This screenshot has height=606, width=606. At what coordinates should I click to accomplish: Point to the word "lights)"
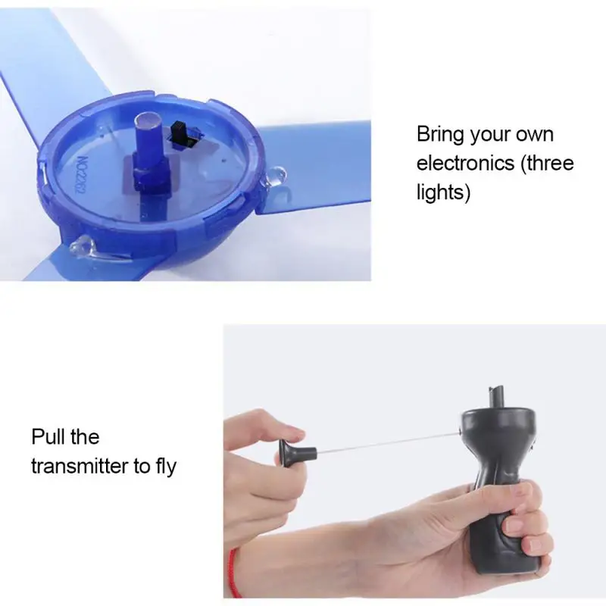pyautogui.click(x=443, y=192)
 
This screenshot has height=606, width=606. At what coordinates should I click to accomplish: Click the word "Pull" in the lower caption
pyautogui.click(x=48, y=437)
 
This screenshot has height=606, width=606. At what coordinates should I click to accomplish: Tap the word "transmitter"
pyautogui.click(x=80, y=466)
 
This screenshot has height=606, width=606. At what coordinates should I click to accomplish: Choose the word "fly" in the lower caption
pyautogui.click(x=167, y=467)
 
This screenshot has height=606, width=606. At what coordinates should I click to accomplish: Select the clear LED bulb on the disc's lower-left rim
pyautogui.click(x=82, y=245)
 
